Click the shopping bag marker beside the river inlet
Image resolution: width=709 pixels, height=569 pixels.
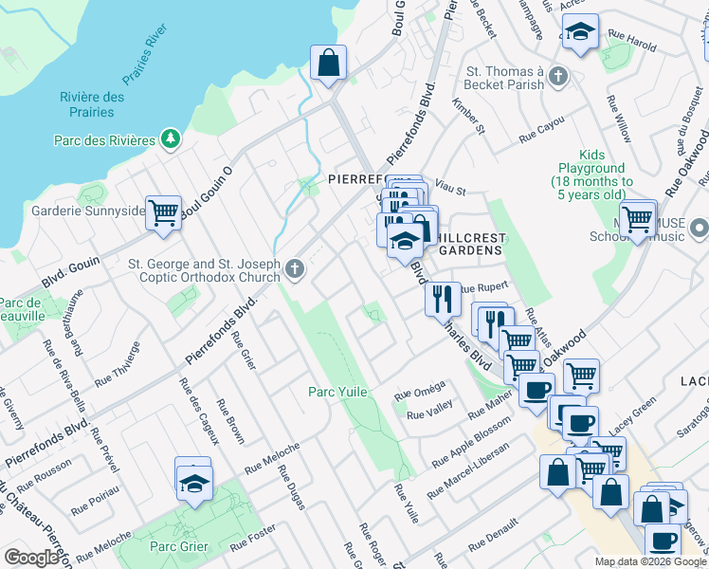tap(328, 64)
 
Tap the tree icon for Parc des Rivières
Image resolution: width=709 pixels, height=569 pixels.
tap(171, 140)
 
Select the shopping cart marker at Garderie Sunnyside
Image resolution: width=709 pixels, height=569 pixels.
tap(163, 212)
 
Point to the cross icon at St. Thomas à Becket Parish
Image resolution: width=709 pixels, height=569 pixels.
tap(558, 76)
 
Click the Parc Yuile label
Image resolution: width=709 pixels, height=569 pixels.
tap(337, 392)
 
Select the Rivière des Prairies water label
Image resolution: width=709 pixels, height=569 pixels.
tap(92, 104)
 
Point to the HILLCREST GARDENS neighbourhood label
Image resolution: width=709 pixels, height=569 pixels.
tap(464, 243)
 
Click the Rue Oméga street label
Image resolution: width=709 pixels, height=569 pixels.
tap(419, 393)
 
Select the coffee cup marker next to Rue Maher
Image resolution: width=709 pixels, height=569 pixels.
tap(536, 389)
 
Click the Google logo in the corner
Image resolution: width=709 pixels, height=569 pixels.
tap(31, 558)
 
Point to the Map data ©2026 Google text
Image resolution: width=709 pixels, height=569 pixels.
tap(650, 561)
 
